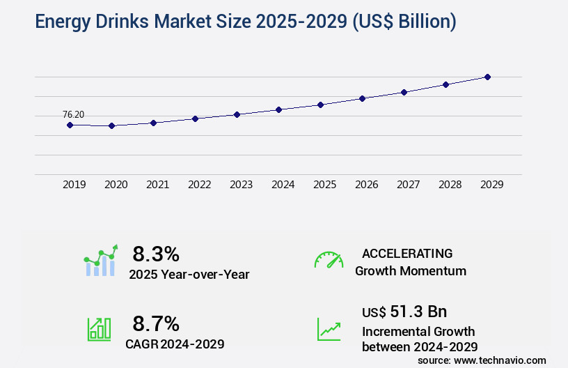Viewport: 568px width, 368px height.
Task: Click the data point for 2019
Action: tap(70, 125)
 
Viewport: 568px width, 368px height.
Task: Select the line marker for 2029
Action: tap(487, 77)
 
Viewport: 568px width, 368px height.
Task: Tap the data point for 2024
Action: tap(278, 109)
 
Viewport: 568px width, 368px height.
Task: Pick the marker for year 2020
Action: tap(111, 125)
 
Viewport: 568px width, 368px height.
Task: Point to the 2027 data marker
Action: tap(404, 92)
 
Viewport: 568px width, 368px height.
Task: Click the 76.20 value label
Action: tap(73, 114)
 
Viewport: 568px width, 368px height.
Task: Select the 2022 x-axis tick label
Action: tap(199, 185)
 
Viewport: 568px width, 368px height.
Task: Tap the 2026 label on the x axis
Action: tap(366, 185)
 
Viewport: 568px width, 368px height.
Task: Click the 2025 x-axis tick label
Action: tap(324, 185)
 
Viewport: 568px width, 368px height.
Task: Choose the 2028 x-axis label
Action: tap(450, 185)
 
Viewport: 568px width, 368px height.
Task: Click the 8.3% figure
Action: tap(156, 254)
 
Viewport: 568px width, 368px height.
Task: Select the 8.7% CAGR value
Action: tap(156, 323)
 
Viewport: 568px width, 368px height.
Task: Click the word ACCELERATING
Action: tap(407, 253)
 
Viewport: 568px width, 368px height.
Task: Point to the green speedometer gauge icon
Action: tap(329, 260)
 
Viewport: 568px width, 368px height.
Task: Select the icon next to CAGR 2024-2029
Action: tap(99, 329)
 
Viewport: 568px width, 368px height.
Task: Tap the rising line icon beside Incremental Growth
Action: tap(329, 329)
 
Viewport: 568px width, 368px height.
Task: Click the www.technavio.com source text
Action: tap(500, 360)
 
